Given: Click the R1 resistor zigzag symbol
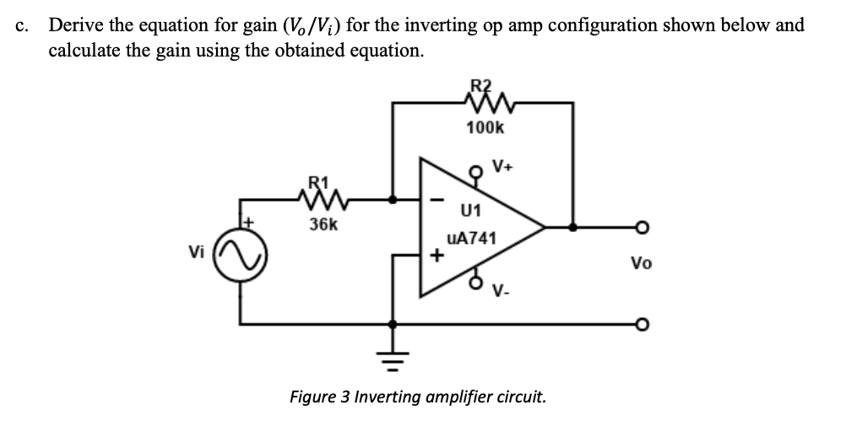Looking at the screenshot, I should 319,200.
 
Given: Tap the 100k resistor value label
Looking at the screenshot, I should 485,128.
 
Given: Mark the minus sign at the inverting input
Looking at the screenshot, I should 436,201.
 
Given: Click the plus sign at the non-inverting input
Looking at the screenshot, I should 437,255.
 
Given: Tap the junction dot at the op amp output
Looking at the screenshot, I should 574,227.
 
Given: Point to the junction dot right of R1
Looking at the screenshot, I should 392,201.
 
